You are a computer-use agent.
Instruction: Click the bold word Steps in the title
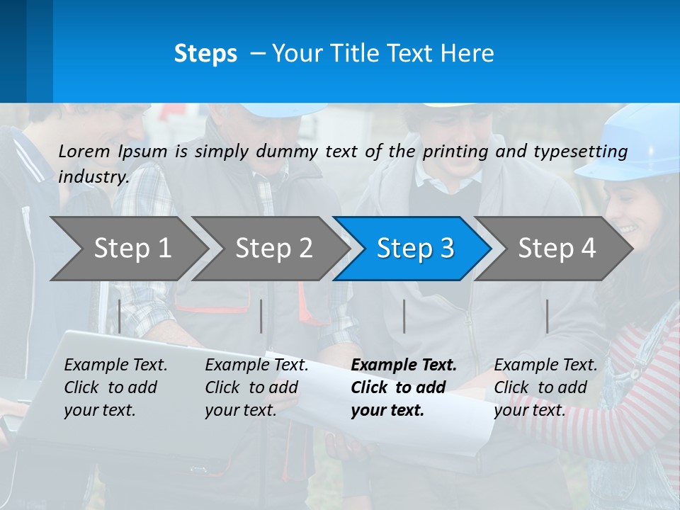pyautogui.click(x=205, y=54)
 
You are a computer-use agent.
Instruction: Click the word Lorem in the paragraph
pyautogui.click(x=84, y=151)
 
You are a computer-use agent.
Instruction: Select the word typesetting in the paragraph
pyautogui.click(x=581, y=152)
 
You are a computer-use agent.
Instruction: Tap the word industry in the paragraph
pyautogui.click(x=93, y=177)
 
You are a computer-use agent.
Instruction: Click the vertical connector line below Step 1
pyautogui.click(x=119, y=316)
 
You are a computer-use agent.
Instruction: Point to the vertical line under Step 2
pyautogui.click(x=261, y=316)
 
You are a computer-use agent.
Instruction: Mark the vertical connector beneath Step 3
pyautogui.click(x=404, y=316)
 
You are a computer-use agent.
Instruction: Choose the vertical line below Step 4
pyautogui.click(x=547, y=316)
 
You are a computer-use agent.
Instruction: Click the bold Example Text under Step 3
pyautogui.click(x=404, y=365)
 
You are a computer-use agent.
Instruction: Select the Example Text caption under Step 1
pyautogui.click(x=116, y=365)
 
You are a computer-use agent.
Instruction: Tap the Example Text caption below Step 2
pyautogui.click(x=256, y=365)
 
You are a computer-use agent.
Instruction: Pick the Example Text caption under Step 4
pyautogui.click(x=545, y=365)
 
